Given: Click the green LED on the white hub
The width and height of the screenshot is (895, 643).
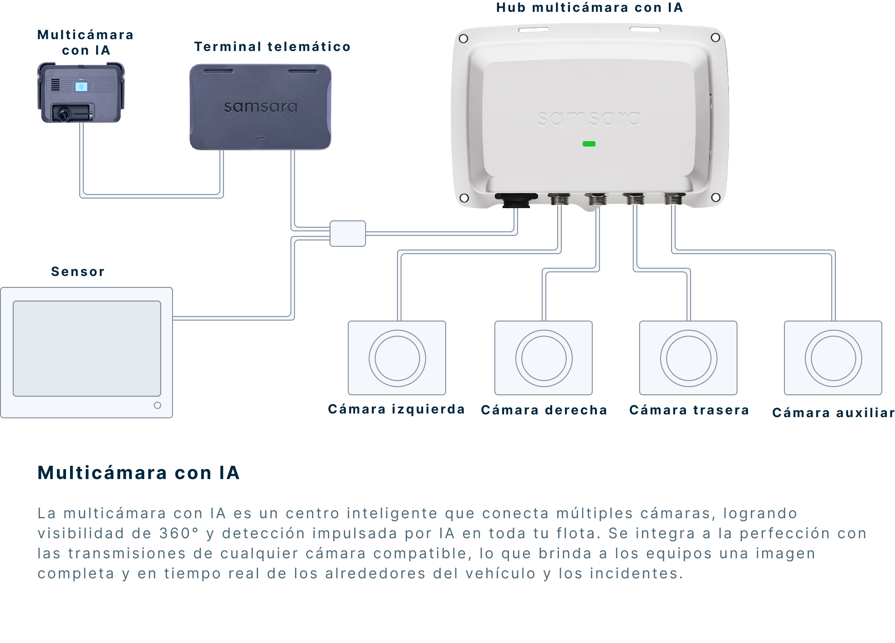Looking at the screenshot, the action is tap(589, 144).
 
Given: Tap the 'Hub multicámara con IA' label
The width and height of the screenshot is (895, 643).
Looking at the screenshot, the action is tap(590, 8).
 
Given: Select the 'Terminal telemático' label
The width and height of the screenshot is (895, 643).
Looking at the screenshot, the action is tap(272, 46).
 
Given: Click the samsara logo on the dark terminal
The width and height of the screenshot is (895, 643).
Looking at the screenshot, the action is tap(260, 107).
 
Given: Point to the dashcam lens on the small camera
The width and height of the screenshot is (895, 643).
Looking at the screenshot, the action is tap(64, 114).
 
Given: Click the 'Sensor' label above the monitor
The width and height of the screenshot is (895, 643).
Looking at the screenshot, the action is tap(78, 271).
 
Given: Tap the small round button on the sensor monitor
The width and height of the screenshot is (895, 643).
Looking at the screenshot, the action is tap(158, 405).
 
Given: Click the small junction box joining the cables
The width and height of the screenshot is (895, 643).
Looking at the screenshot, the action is tap(348, 234).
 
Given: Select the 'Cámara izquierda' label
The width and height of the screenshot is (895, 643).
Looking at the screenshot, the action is tap(396, 409).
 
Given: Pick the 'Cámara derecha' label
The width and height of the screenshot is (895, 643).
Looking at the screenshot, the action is tap(544, 410).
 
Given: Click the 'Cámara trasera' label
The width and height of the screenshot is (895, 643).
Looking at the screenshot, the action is tap(689, 410).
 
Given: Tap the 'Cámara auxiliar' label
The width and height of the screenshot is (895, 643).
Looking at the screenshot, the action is tap(834, 413).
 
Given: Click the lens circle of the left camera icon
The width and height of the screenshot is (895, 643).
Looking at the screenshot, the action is tap(397, 331).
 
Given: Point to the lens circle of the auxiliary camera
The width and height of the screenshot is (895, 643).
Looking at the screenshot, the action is tap(834, 331).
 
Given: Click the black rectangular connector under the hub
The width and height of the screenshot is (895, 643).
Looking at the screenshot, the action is tap(516, 200).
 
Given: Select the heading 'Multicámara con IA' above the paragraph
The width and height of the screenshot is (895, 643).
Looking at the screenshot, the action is tap(138, 473).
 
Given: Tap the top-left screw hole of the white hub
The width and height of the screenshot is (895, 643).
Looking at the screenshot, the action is tap(463, 39).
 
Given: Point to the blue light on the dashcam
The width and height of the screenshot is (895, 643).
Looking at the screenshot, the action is tap(81, 86).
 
